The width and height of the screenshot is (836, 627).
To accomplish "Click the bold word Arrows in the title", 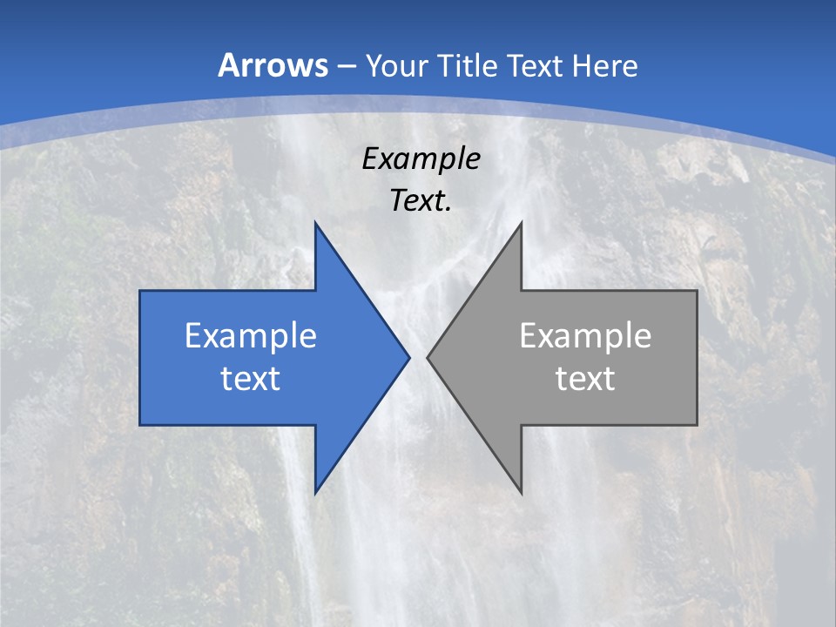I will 273,65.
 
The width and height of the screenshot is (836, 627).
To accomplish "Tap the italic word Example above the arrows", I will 421,159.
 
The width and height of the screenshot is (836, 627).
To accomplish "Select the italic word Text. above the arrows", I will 421,201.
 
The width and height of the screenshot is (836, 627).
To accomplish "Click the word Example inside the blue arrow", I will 251,336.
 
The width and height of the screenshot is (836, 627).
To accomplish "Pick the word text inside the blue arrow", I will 251,379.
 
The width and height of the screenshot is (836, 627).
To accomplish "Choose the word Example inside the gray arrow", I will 585,336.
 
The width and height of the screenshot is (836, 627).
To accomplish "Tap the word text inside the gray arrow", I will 585,379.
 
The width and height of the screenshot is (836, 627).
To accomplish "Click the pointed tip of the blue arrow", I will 409,357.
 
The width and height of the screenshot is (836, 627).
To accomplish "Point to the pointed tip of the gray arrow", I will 427,357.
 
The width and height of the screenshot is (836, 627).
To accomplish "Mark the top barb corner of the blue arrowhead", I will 315,223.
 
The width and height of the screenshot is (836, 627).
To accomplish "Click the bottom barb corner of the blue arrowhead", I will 315,493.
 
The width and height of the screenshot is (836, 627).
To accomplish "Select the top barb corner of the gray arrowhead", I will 521,223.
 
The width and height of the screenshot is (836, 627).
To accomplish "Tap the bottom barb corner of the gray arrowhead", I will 521,493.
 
